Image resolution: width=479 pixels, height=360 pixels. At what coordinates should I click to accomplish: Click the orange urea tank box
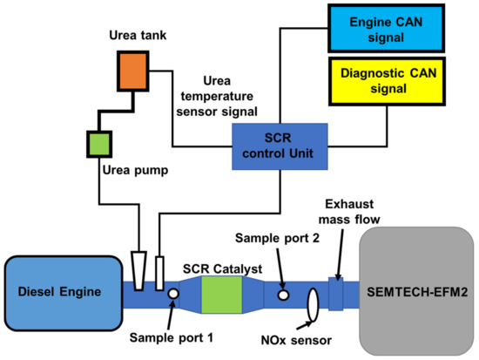point(135,69)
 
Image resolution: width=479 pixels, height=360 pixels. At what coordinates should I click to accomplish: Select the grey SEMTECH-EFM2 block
point(417,290)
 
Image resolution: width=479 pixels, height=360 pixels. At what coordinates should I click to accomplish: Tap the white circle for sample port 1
point(172,295)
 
